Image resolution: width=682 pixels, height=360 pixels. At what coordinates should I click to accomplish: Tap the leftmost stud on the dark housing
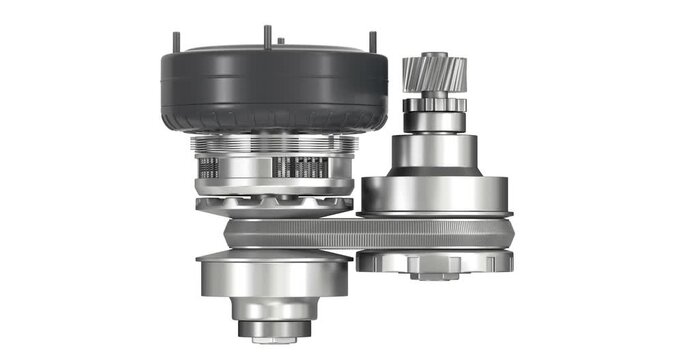click(x=177, y=43)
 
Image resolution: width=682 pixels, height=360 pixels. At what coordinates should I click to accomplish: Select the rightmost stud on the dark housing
click(x=373, y=43)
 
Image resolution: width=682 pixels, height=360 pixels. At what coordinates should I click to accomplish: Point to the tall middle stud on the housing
click(x=267, y=36)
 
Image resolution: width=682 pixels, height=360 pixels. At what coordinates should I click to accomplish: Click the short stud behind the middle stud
click(x=281, y=42)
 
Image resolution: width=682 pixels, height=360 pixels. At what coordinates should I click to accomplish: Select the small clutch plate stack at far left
click(x=208, y=168)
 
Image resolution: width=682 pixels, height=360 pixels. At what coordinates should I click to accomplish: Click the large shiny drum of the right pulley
click(x=434, y=194)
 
